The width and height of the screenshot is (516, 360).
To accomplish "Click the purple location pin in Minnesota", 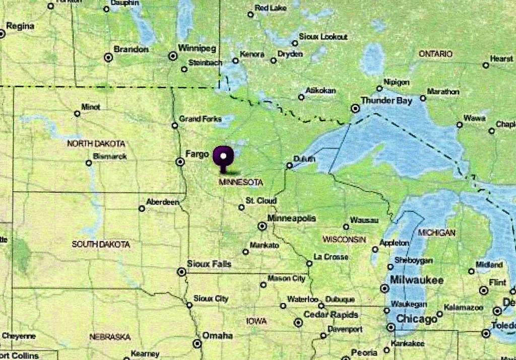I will click(x=223, y=157).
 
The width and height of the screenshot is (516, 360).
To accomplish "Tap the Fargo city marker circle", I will click(x=180, y=162).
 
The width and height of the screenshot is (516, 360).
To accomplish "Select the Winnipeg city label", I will click(x=197, y=48).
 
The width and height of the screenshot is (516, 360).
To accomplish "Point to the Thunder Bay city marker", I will click(x=355, y=108).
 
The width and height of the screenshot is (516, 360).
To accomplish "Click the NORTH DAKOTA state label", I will click(x=96, y=143).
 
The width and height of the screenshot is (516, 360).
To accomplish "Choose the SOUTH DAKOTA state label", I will click(x=101, y=244).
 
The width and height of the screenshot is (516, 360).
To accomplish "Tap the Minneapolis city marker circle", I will click(x=262, y=226).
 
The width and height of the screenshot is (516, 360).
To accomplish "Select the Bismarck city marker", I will click(x=89, y=163).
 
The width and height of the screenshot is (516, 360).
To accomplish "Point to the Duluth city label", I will click(x=304, y=159).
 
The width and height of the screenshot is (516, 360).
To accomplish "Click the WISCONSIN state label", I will click(x=344, y=239).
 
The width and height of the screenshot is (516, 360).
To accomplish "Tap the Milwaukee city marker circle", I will click(x=384, y=289).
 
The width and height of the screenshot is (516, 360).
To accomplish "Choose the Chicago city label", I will click(x=416, y=319).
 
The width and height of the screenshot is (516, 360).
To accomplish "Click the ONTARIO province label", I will click(x=435, y=54).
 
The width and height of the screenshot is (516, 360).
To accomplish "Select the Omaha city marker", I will click(x=197, y=343).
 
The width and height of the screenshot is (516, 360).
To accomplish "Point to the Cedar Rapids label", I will click(x=331, y=315).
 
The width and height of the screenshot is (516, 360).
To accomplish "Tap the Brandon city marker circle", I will click(x=108, y=57).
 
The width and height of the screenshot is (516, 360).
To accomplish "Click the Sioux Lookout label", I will click(x=323, y=37).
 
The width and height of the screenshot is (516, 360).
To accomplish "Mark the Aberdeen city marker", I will click(x=142, y=208).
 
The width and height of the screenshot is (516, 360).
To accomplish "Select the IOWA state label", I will click(x=256, y=321).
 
